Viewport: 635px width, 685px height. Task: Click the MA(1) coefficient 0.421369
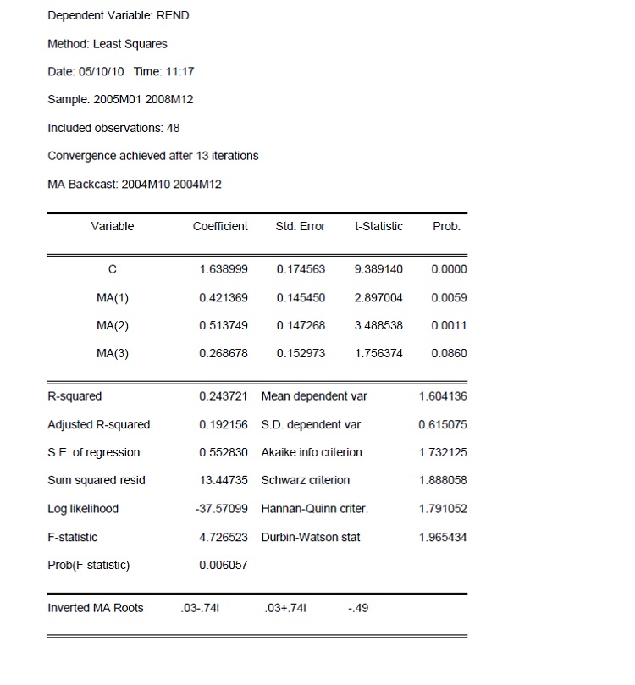tap(223, 297)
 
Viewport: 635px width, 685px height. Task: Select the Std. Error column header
tap(301, 226)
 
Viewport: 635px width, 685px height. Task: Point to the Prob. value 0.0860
tap(448, 353)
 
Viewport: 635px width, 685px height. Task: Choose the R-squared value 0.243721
tap(223, 396)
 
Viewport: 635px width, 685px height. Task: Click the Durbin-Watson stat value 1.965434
tap(442, 537)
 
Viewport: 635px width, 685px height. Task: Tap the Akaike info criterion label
tap(312, 452)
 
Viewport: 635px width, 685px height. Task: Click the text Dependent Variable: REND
tap(118, 16)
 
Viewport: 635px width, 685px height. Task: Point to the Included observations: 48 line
tap(113, 128)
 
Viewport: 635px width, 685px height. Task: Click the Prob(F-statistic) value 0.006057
tap(223, 565)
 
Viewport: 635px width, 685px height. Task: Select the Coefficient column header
tap(220, 226)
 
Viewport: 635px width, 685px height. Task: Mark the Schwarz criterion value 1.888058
tap(442, 480)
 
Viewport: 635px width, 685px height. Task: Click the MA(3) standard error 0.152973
tap(301, 353)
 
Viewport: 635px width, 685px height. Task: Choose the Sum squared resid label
tap(97, 480)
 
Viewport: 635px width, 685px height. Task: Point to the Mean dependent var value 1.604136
tap(442, 396)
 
